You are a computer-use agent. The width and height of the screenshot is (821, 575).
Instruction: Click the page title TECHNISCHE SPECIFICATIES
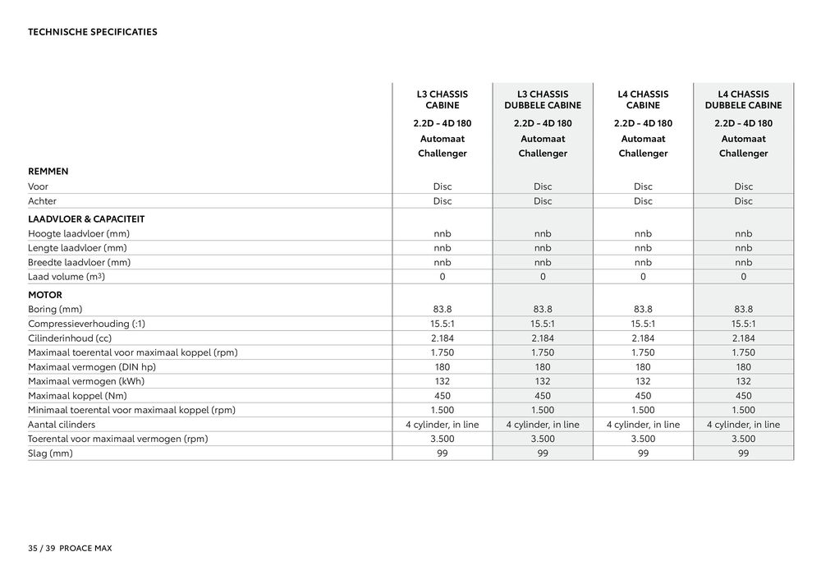coord(92,32)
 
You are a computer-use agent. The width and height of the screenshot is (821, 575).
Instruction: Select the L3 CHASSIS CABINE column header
coord(442,99)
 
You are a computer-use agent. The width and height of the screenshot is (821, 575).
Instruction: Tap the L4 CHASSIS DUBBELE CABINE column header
coord(743,99)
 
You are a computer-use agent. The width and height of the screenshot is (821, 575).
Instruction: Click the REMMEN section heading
coord(48,172)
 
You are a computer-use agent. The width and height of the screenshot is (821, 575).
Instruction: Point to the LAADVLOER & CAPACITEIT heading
coord(86,219)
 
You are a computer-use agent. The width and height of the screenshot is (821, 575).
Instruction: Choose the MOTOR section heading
coord(45,295)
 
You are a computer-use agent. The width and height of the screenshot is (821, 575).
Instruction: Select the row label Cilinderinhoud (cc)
coord(69,338)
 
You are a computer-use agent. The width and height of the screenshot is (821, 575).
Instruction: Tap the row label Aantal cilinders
coord(62,425)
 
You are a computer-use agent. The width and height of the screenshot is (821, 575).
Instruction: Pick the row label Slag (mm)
coord(50,453)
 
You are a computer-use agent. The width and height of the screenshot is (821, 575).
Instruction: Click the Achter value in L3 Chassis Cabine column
coord(442,201)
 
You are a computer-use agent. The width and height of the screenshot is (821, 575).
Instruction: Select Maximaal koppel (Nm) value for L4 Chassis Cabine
coord(643,396)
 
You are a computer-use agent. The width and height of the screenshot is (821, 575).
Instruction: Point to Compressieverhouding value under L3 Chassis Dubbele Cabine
coord(543,324)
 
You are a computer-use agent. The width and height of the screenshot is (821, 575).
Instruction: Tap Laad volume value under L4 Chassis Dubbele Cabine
coord(743,277)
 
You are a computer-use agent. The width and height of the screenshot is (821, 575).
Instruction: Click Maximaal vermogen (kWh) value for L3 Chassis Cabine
coord(442,381)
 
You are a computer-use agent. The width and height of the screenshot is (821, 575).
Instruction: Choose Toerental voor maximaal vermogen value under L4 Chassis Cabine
coord(643,439)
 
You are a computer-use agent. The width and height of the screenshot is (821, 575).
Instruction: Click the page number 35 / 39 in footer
coord(41,547)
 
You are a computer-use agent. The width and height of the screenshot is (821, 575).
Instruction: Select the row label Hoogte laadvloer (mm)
coord(79,234)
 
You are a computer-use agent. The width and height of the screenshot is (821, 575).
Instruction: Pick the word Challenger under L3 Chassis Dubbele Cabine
coord(543,154)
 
